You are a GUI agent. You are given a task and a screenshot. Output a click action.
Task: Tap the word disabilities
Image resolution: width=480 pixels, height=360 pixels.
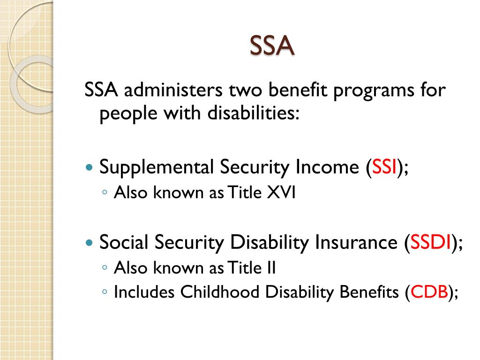[x=250, y=113]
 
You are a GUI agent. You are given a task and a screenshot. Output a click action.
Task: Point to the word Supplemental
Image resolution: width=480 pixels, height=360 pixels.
[x=155, y=167]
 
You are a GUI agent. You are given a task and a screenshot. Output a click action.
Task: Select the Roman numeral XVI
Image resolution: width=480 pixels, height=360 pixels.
[x=281, y=193]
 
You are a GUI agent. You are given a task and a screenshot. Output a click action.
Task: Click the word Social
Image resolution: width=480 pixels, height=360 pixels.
[x=124, y=243]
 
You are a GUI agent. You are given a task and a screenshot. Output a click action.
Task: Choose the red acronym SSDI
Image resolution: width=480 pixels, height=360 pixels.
[x=431, y=243]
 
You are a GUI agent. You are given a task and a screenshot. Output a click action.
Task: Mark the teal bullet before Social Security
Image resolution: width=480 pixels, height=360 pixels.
[x=90, y=243]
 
